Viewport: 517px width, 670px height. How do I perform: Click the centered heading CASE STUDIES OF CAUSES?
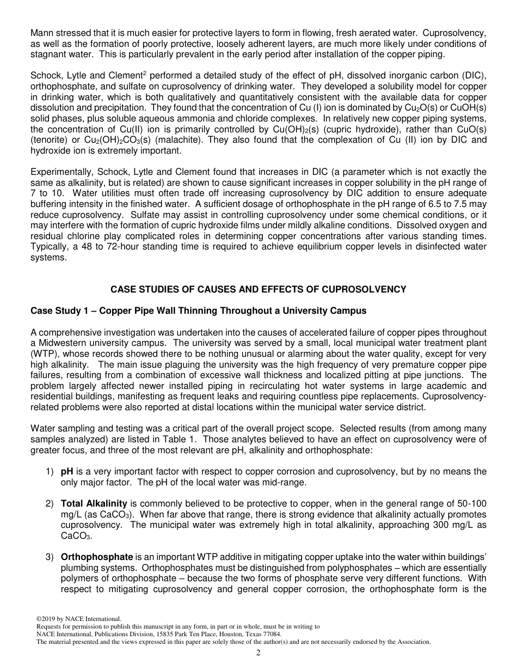click(x=258, y=289)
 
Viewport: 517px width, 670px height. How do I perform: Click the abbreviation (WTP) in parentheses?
click(x=44, y=353)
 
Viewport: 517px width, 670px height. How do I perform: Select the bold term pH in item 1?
click(x=67, y=472)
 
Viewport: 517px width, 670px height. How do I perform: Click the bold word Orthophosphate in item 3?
click(x=97, y=557)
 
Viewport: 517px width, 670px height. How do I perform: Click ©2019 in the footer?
click(x=46, y=619)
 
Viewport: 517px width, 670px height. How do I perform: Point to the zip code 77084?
click(x=273, y=634)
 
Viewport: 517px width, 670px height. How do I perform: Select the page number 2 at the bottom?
click(x=258, y=653)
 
